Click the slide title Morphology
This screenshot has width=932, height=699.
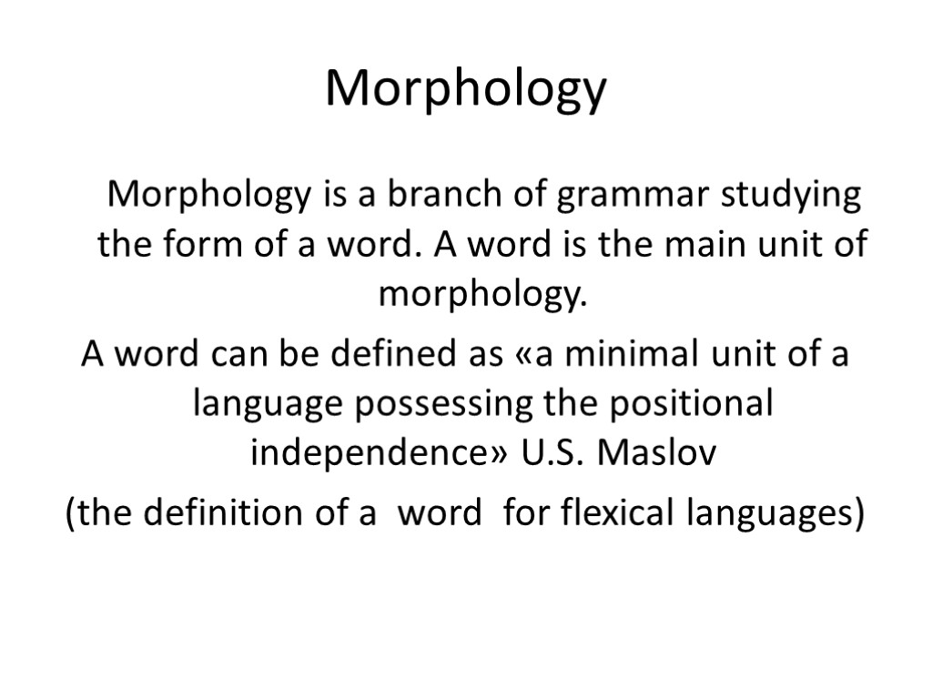pos(465,90)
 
